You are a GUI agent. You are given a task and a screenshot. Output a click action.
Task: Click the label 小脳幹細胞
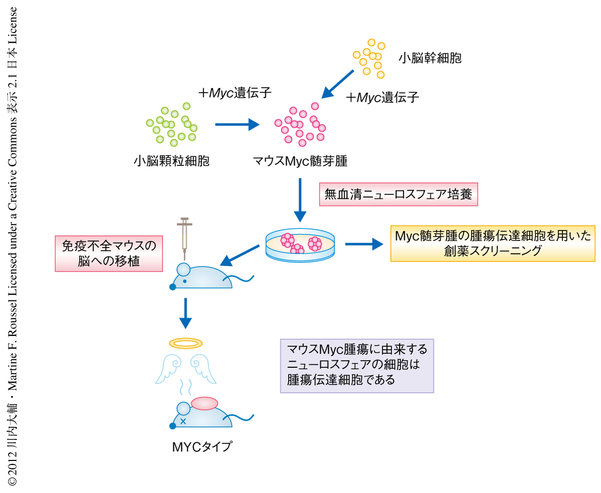429,58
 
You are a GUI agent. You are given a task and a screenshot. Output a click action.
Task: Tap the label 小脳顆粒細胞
171,161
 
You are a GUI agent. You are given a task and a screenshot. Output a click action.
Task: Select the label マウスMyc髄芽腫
300,161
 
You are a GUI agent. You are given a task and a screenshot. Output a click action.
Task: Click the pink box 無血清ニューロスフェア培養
399,194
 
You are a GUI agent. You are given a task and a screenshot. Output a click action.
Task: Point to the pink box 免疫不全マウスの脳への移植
109,254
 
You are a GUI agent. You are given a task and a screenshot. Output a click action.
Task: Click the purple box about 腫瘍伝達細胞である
357,366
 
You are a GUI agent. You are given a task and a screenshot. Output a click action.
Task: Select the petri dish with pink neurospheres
299,244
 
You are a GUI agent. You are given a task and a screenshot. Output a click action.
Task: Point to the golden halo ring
186,343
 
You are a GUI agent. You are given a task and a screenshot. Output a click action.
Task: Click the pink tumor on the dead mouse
204,403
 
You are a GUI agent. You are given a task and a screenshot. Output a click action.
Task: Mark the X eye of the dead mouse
183,421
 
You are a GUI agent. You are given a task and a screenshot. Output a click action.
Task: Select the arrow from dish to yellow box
364,244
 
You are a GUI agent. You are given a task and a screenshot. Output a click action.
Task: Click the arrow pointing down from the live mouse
186,314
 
